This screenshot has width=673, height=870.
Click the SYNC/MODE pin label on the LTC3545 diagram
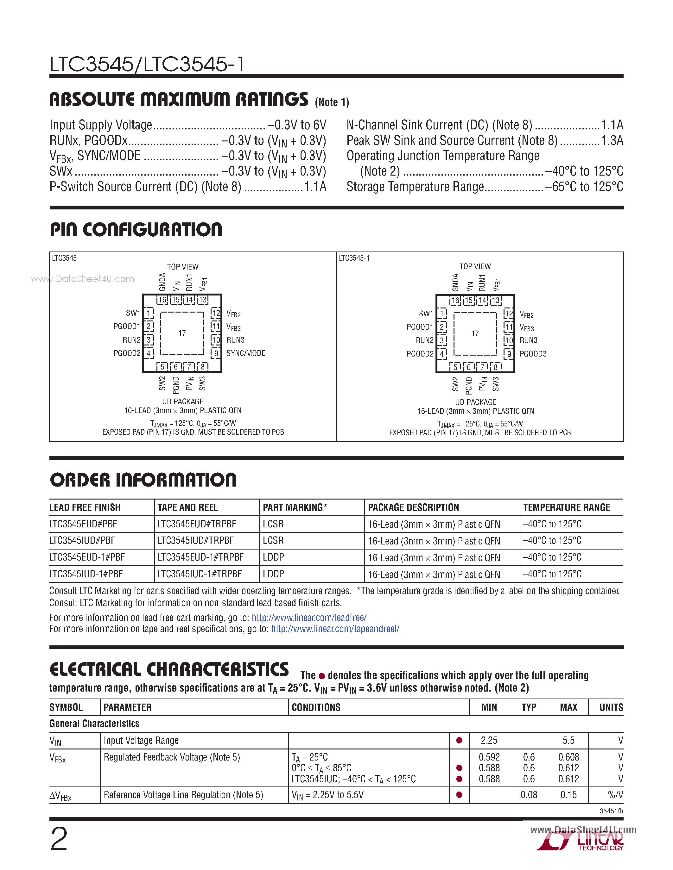[x=245, y=353]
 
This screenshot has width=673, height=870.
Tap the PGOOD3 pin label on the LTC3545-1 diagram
[x=533, y=354]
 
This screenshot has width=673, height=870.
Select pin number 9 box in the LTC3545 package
[x=216, y=353]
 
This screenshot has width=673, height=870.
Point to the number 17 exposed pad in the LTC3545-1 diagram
[x=475, y=333]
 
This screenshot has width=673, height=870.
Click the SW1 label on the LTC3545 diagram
[x=133, y=313]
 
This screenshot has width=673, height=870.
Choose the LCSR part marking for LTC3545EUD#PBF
[x=273, y=524]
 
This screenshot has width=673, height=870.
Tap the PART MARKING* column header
[x=295, y=507]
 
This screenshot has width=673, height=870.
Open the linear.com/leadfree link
[x=309, y=618]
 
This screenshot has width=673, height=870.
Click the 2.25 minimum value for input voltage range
[x=489, y=741]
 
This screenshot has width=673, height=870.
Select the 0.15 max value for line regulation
[x=568, y=795]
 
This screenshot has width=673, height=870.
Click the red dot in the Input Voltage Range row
[x=459, y=741]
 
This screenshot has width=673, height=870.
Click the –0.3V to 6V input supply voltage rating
[x=297, y=125]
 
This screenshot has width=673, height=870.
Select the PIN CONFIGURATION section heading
[x=136, y=230]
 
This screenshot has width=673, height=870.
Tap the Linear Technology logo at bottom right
[x=582, y=843]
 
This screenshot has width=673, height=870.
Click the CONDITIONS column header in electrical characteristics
[x=316, y=707]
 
